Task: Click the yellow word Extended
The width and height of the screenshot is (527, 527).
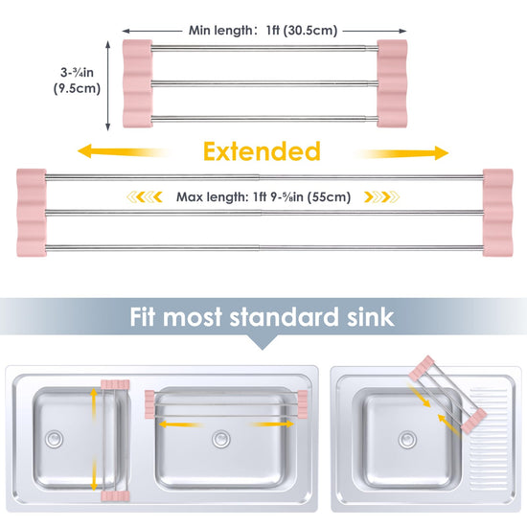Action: (x=262, y=151)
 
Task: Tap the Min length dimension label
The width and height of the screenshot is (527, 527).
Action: (x=263, y=31)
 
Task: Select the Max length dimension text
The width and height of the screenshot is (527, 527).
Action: (x=263, y=197)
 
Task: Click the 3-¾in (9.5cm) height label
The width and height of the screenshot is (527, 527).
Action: (x=77, y=80)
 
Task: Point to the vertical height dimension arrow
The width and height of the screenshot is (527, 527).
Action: (x=108, y=85)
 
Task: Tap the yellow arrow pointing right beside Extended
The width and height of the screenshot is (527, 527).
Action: (x=401, y=153)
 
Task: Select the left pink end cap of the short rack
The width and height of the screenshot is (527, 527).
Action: (x=137, y=83)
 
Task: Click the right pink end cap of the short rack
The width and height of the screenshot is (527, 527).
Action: (x=392, y=83)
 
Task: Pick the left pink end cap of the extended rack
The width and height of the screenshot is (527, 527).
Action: (x=32, y=213)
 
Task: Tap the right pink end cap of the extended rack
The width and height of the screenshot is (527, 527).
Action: (x=497, y=213)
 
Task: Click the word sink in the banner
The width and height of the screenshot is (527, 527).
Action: (x=371, y=316)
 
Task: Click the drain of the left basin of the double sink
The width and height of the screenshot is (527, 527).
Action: (x=54, y=439)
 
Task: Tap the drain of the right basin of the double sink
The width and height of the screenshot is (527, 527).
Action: (x=221, y=439)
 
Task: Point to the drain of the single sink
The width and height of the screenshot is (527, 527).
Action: (x=407, y=439)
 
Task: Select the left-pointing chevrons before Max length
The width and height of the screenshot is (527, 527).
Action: (x=145, y=197)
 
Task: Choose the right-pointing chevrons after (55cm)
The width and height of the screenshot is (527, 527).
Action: (x=382, y=197)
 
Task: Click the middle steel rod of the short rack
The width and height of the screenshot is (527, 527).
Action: (x=264, y=83)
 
